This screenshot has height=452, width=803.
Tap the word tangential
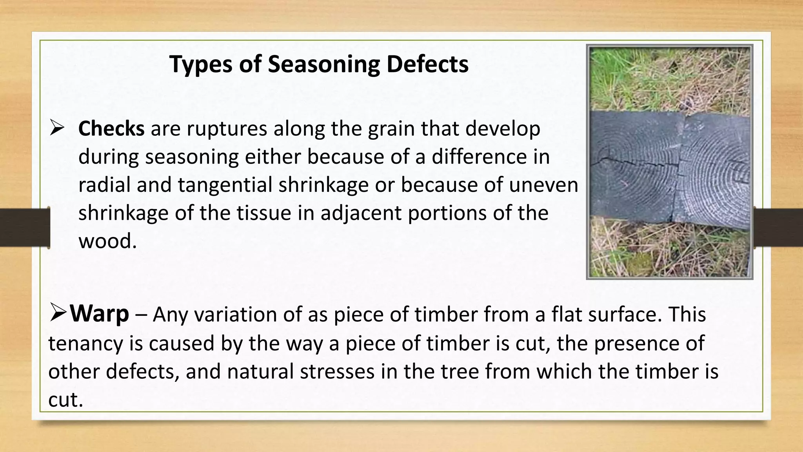(225, 185)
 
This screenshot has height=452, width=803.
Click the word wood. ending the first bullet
(107, 241)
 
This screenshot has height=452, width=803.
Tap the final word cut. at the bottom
(65, 400)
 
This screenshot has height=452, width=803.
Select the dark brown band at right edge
(779, 228)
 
